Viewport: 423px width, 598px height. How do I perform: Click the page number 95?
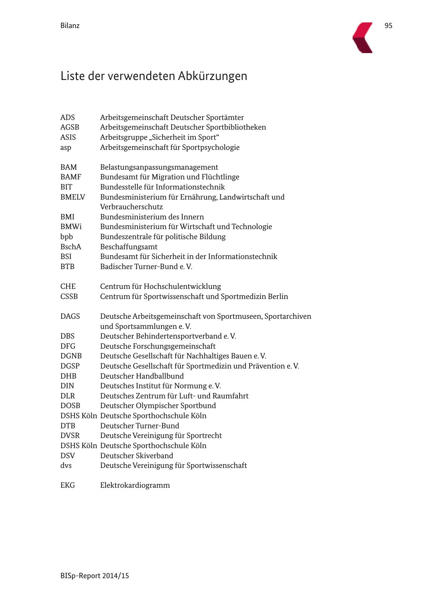point(388,25)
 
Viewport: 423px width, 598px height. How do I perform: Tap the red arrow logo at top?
point(363,37)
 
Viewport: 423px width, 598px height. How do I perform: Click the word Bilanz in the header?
point(70,25)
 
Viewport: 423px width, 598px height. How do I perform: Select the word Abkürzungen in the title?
point(212,76)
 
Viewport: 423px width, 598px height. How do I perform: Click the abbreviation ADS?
point(68,117)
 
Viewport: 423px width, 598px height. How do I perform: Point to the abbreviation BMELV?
point(72,197)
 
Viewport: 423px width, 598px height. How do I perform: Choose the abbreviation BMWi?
point(71,226)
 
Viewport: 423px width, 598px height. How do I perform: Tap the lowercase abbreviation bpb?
point(67,237)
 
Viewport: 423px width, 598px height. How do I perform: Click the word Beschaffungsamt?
point(129,247)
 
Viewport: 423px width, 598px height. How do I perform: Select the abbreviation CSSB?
point(69,296)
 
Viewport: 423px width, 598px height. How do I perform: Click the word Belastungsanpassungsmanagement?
point(159,167)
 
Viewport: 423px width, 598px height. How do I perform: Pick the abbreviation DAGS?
point(70,316)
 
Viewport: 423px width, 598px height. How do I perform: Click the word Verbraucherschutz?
point(131,207)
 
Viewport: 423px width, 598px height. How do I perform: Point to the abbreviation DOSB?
point(70,406)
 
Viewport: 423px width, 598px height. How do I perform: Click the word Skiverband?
point(154,456)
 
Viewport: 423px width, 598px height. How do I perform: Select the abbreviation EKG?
point(68,485)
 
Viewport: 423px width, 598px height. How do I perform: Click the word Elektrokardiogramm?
point(135,485)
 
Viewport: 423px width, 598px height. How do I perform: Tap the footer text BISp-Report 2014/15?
point(95,576)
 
